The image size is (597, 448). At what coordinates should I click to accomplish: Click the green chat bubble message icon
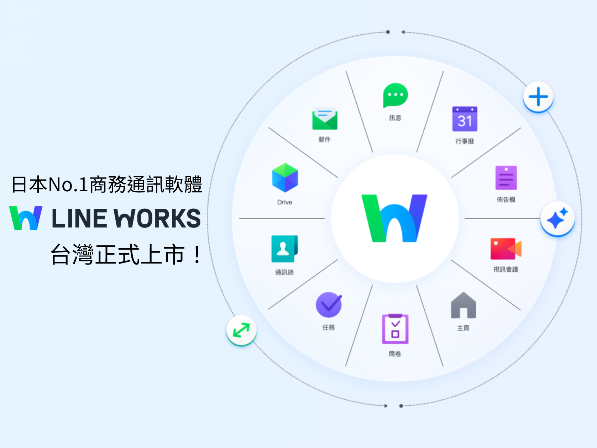[x=395, y=95]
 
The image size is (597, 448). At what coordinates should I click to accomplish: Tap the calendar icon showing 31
[x=465, y=119]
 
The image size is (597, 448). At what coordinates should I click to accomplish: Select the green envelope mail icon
[x=325, y=119]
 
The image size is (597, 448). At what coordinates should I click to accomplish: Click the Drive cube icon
[x=285, y=178]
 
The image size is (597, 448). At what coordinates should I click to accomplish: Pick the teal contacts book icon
[x=284, y=249]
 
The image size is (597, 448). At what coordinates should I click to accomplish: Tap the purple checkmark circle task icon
[x=329, y=305]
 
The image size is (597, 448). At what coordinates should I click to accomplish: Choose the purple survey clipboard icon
[x=395, y=329]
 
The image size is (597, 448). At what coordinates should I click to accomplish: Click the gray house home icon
[x=463, y=306]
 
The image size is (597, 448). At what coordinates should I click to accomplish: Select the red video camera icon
[x=506, y=249]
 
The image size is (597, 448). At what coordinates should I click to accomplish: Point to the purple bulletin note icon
[x=506, y=178]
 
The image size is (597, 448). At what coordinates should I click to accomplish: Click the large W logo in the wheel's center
[x=394, y=218]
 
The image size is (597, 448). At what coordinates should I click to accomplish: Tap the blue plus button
[x=538, y=97]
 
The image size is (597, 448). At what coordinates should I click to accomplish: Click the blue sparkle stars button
[x=557, y=218]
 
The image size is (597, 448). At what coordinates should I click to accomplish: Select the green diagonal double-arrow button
[x=241, y=330]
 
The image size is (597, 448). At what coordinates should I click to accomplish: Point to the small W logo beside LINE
[x=26, y=218]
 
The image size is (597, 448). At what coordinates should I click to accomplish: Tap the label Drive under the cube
[x=284, y=202]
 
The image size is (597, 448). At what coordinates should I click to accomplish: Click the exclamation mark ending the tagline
[x=197, y=255]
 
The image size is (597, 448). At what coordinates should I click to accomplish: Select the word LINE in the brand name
[x=79, y=218]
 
